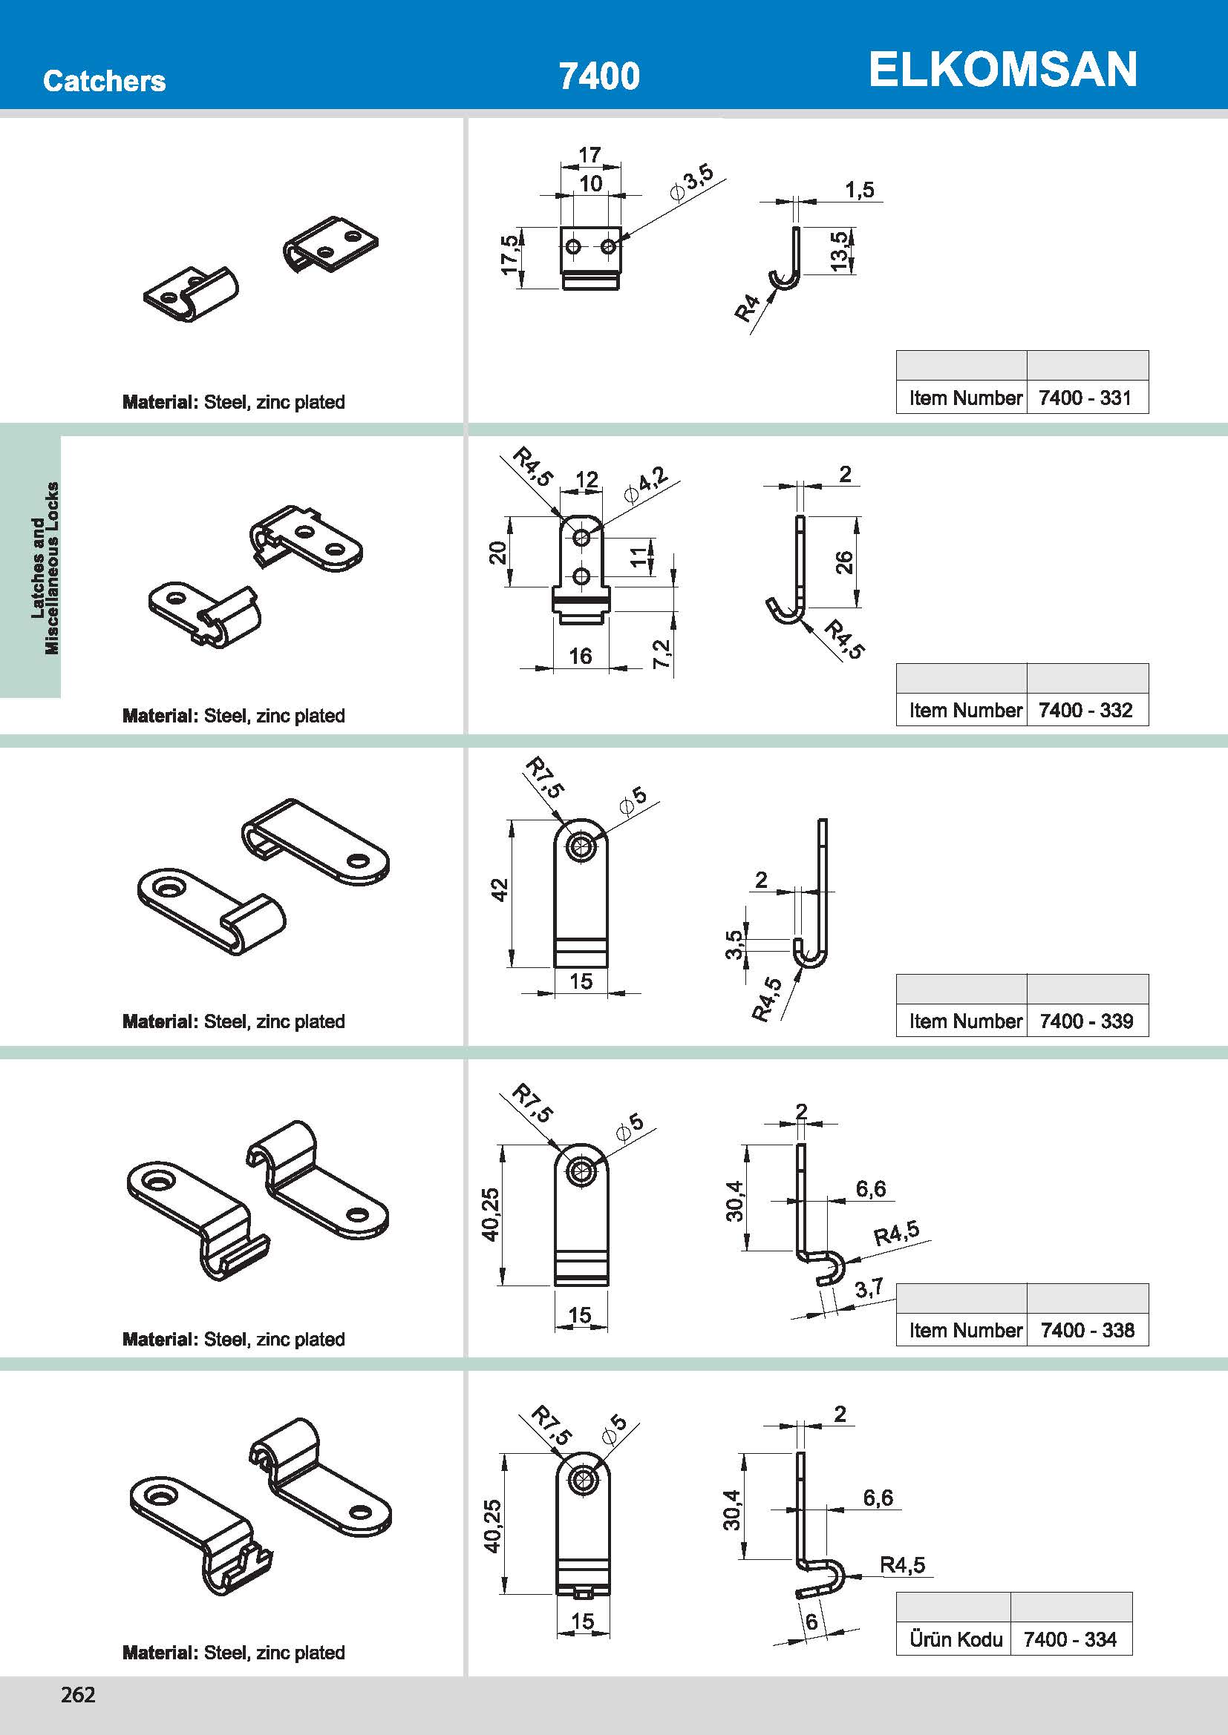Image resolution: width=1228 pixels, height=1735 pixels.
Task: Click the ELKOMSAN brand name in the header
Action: click(1002, 70)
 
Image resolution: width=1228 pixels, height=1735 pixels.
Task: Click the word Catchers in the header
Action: click(105, 81)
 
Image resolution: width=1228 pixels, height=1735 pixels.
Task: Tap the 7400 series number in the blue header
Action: click(599, 76)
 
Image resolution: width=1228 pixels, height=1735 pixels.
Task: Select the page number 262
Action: click(78, 1694)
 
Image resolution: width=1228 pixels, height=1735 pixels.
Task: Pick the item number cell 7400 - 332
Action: click(1085, 711)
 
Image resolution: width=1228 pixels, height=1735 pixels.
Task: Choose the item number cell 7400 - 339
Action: click(1086, 1021)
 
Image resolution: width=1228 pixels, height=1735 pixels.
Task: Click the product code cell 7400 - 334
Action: click(1070, 1639)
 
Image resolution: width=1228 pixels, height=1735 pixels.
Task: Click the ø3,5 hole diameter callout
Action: click(692, 182)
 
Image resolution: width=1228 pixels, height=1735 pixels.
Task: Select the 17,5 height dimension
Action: click(509, 254)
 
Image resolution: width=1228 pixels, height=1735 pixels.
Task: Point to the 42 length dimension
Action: click(500, 890)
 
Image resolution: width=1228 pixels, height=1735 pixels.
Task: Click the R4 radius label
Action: click(747, 308)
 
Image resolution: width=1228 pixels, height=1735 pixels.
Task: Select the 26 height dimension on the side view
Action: click(844, 562)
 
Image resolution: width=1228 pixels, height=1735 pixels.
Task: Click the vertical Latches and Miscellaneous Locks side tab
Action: click(44, 567)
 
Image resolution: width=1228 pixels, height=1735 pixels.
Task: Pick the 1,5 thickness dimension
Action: click(860, 190)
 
